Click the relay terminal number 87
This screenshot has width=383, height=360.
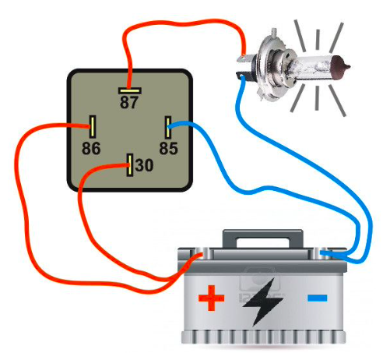128,102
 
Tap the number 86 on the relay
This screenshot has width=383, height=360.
91,148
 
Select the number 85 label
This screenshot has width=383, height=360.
168,148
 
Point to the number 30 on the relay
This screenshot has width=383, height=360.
144,165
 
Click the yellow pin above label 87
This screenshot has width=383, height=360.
130,90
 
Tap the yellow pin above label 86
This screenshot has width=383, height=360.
93,127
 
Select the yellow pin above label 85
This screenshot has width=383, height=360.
168,127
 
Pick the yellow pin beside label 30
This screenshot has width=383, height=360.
130,165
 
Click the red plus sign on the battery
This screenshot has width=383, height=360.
211,298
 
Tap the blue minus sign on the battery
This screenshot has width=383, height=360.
318,298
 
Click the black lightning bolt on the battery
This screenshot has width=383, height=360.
262,302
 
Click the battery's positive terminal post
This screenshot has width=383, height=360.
202,253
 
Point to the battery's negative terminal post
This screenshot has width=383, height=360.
322,253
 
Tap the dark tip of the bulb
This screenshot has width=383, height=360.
341,67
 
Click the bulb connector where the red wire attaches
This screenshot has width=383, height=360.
244,58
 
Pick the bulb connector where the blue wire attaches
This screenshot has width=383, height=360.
242,76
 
